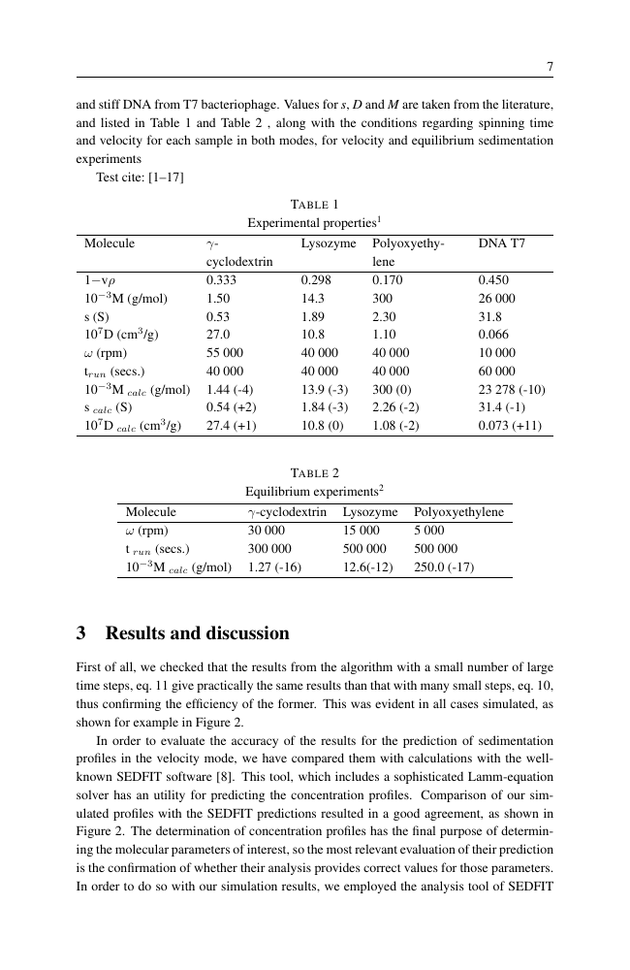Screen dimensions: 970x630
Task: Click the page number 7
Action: [550, 67]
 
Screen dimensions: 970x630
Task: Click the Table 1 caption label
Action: [315, 204]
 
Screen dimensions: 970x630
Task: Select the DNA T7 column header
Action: [502, 243]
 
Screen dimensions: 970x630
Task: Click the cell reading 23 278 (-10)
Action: [512, 390]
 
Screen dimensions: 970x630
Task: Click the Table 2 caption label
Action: [315, 473]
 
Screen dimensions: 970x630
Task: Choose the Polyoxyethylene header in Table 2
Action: [458, 512]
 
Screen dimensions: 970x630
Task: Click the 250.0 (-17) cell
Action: [444, 566]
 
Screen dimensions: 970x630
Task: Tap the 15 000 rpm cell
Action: [362, 531]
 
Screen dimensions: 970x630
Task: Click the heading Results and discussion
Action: [182, 633]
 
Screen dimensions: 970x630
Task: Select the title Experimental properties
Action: [314, 222]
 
